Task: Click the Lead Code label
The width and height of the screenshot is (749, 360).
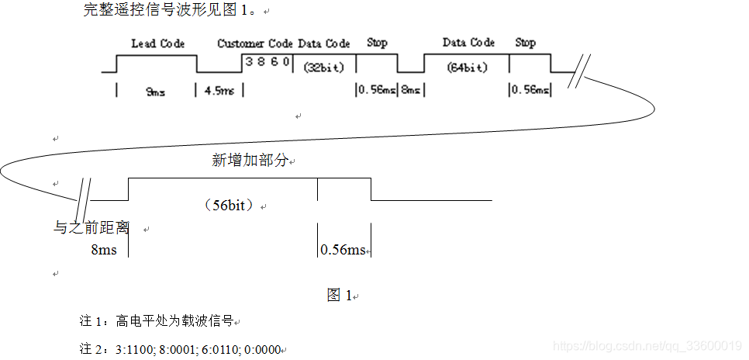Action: [x=157, y=43]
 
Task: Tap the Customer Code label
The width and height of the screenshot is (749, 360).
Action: [x=256, y=43]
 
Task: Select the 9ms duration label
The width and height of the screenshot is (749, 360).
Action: [x=155, y=92]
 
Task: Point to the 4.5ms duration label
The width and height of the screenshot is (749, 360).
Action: [x=219, y=91]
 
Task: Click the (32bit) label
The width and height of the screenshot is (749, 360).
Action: [x=323, y=67]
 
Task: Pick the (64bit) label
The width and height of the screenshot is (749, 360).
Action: [x=468, y=67]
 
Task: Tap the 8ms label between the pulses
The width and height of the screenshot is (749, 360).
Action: [x=410, y=90]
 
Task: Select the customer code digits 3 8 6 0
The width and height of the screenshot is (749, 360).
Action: [x=267, y=61]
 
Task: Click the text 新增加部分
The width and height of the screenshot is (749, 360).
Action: [x=250, y=161]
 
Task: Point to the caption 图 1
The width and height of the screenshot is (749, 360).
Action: [x=340, y=295]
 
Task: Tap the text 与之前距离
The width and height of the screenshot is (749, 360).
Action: [x=91, y=228]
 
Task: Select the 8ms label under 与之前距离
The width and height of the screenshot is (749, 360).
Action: [x=104, y=250]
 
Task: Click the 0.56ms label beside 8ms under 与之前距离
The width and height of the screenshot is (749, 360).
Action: [x=343, y=250]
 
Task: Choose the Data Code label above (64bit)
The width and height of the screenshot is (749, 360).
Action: [x=468, y=43]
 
